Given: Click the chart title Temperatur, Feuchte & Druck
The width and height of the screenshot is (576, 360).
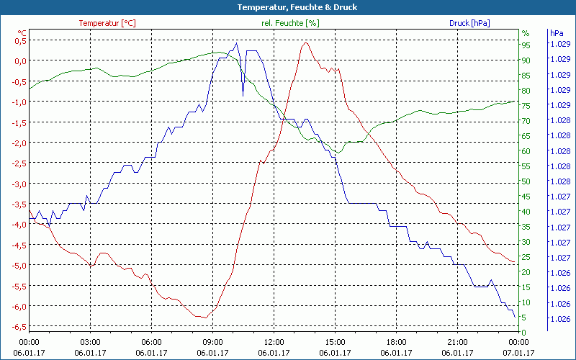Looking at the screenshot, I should (x=287, y=7).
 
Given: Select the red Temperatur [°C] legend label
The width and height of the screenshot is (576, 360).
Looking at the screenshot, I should (x=107, y=23).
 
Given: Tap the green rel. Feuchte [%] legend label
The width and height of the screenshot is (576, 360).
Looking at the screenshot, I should (x=289, y=23).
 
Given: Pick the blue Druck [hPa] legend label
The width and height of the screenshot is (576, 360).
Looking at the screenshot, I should (x=469, y=23).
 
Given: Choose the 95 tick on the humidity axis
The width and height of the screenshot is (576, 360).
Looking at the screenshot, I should (x=526, y=45).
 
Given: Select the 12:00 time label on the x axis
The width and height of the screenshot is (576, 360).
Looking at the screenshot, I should (x=274, y=342).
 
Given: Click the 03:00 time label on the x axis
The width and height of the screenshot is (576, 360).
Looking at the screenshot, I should (x=90, y=342).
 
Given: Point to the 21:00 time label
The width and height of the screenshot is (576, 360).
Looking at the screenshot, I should (x=457, y=342).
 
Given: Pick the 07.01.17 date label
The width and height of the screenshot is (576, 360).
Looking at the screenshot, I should (x=519, y=353).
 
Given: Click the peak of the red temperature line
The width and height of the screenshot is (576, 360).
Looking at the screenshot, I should (x=305, y=42).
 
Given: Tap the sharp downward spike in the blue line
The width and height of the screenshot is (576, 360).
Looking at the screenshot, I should (x=243, y=94).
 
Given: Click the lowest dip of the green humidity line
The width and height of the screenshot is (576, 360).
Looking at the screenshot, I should (x=336, y=153).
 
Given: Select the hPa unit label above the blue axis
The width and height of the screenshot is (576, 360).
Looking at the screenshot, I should (x=557, y=33).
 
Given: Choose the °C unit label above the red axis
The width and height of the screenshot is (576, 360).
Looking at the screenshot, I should (x=22, y=33).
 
